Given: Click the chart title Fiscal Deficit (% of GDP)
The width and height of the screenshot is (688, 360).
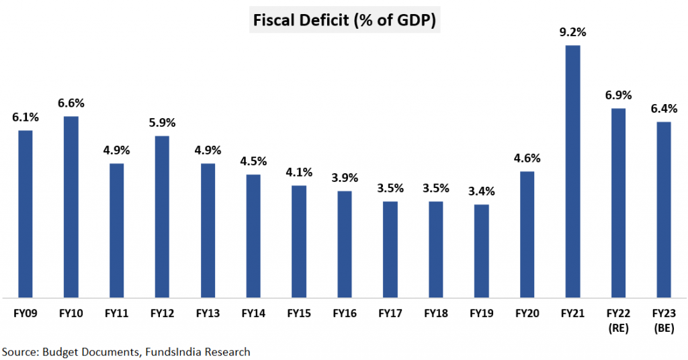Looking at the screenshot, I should pos(344,21).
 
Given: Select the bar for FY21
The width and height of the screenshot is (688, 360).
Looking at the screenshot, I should pos(572,171).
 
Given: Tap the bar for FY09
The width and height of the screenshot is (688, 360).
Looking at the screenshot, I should pos(25,213).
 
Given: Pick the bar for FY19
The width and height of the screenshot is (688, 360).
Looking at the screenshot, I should pos(481,250).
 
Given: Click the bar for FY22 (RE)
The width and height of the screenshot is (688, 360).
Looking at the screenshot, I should pos(618,202).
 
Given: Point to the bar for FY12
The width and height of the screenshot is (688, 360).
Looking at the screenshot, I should pos(162,216).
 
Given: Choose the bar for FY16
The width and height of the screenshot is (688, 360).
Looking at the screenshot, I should pos(344,243).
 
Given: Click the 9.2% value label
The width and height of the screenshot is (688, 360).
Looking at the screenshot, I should pos(572,32).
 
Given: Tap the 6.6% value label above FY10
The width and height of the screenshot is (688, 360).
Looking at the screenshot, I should pos(71,103).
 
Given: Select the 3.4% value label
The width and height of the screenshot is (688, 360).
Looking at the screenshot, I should pos(481,191).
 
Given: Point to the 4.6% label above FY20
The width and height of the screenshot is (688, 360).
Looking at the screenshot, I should pos(527,159).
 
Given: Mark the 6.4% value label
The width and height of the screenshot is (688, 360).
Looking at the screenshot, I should pos(664,108).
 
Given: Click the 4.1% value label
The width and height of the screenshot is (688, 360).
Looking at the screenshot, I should pos(299,172).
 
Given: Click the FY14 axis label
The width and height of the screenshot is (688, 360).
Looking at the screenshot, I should pos(253,313).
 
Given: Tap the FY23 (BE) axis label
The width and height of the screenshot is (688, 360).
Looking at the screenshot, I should pos(664,320).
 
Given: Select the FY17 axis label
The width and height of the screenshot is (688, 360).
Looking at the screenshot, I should pos(390,313).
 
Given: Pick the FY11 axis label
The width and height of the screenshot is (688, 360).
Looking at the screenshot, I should pos(116,313).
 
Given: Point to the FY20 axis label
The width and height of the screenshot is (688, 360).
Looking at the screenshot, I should pos(527,313).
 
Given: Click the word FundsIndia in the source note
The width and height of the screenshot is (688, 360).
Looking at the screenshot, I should pos(171,351).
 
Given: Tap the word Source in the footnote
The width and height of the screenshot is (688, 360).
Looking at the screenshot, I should pos(19,351).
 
